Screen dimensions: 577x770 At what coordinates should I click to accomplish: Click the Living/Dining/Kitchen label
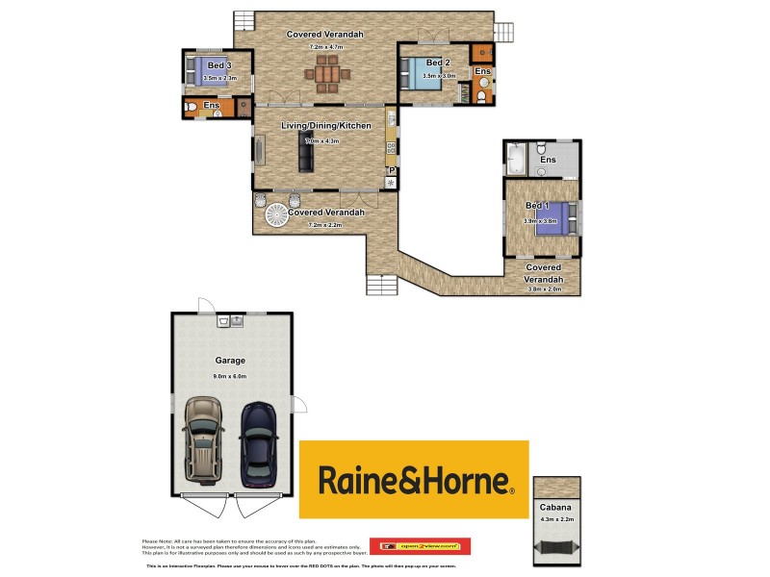click(x=325, y=126)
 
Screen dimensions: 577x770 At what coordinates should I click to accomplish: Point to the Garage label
click(x=229, y=361)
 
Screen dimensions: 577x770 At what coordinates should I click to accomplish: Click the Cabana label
click(x=552, y=507)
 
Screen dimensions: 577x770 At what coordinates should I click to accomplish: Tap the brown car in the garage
click(x=204, y=439)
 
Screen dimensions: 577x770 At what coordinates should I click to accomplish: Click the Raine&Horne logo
click(x=414, y=479)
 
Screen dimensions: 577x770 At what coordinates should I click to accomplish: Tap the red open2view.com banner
click(x=420, y=546)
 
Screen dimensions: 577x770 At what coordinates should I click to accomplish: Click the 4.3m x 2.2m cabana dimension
click(x=552, y=520)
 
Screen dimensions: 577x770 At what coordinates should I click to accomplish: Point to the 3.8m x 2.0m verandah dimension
click(x=544, y=289)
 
